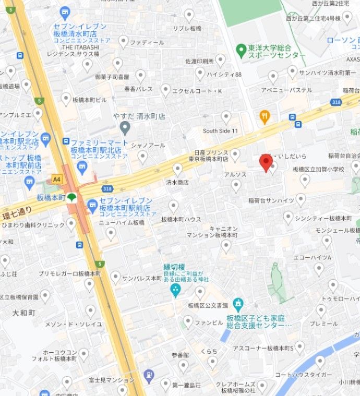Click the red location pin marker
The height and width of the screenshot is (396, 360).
tap(266, 163)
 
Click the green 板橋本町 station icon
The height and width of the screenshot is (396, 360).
tap(72, 198)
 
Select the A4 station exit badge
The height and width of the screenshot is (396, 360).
tap(56, 179)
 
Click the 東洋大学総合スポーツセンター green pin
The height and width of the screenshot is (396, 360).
tap(241, 51)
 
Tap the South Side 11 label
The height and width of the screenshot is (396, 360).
tap(220, 130)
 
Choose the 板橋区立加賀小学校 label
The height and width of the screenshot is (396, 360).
tap(318, 170)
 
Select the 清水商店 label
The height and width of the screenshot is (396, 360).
tap(177, 183)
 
